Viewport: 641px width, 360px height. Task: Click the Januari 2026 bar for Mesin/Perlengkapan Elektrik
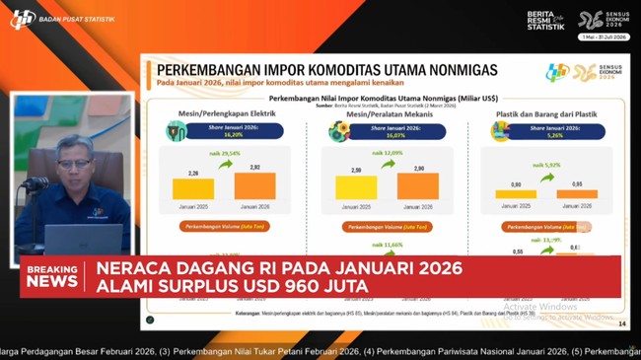pyautogui.click(x=254, y=186)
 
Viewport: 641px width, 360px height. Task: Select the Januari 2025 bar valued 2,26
pyautogui.click(x=193, y=189)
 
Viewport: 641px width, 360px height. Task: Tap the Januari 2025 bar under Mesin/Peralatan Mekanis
pyautogui.click(x=356, y=187)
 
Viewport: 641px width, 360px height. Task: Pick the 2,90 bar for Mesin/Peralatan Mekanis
pyautogui.click(x=417, y=186)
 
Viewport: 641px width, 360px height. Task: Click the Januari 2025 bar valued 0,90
pyautogui.click(x=516, y=194)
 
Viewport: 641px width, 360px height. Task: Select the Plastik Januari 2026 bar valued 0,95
pyautogui.click(x=577, y=194)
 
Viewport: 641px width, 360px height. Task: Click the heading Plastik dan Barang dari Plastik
pyautogui.click(x=546, y=114)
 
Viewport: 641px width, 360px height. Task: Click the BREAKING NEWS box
pyautogui.click(x=52, y=276)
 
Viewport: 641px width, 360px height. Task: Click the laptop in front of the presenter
pyautogui.click(x=83, y=239)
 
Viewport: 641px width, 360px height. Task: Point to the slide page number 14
pyautogui.click(x=621, y=323)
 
